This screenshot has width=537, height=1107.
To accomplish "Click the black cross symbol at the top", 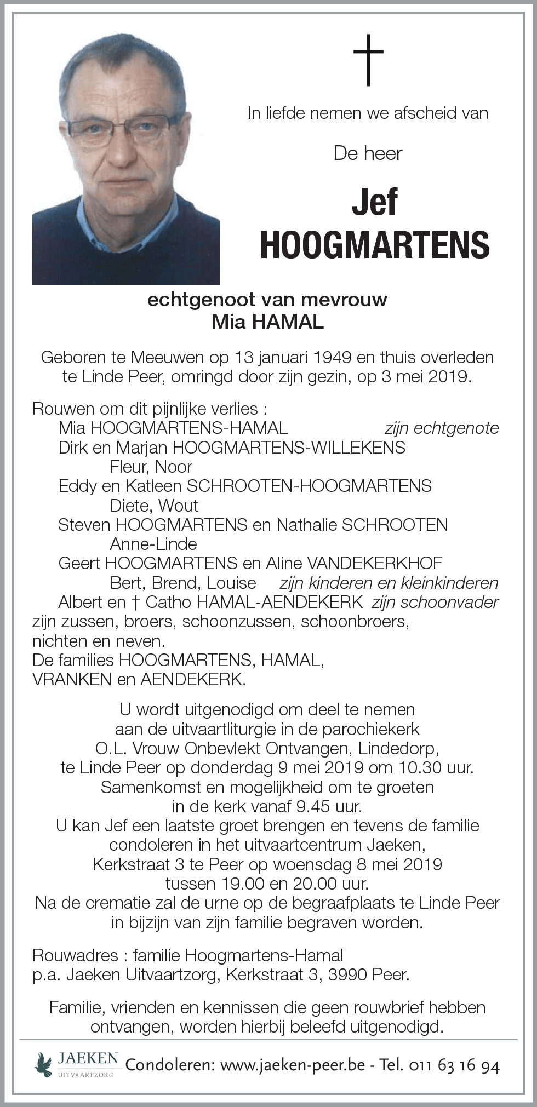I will point(368,60).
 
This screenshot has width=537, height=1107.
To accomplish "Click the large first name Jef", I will point(375,202).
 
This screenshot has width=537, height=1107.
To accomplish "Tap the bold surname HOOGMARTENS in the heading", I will point(375,245).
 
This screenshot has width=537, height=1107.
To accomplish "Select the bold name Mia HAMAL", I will point(268,322).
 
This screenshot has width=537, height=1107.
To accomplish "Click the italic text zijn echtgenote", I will point(442,428).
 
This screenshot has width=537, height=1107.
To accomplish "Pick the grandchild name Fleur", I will point(128,467).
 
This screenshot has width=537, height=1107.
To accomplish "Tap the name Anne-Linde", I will point(153,544).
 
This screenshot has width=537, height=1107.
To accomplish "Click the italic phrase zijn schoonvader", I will point(435,602).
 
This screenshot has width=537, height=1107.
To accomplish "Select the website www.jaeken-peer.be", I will point(292,1065).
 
